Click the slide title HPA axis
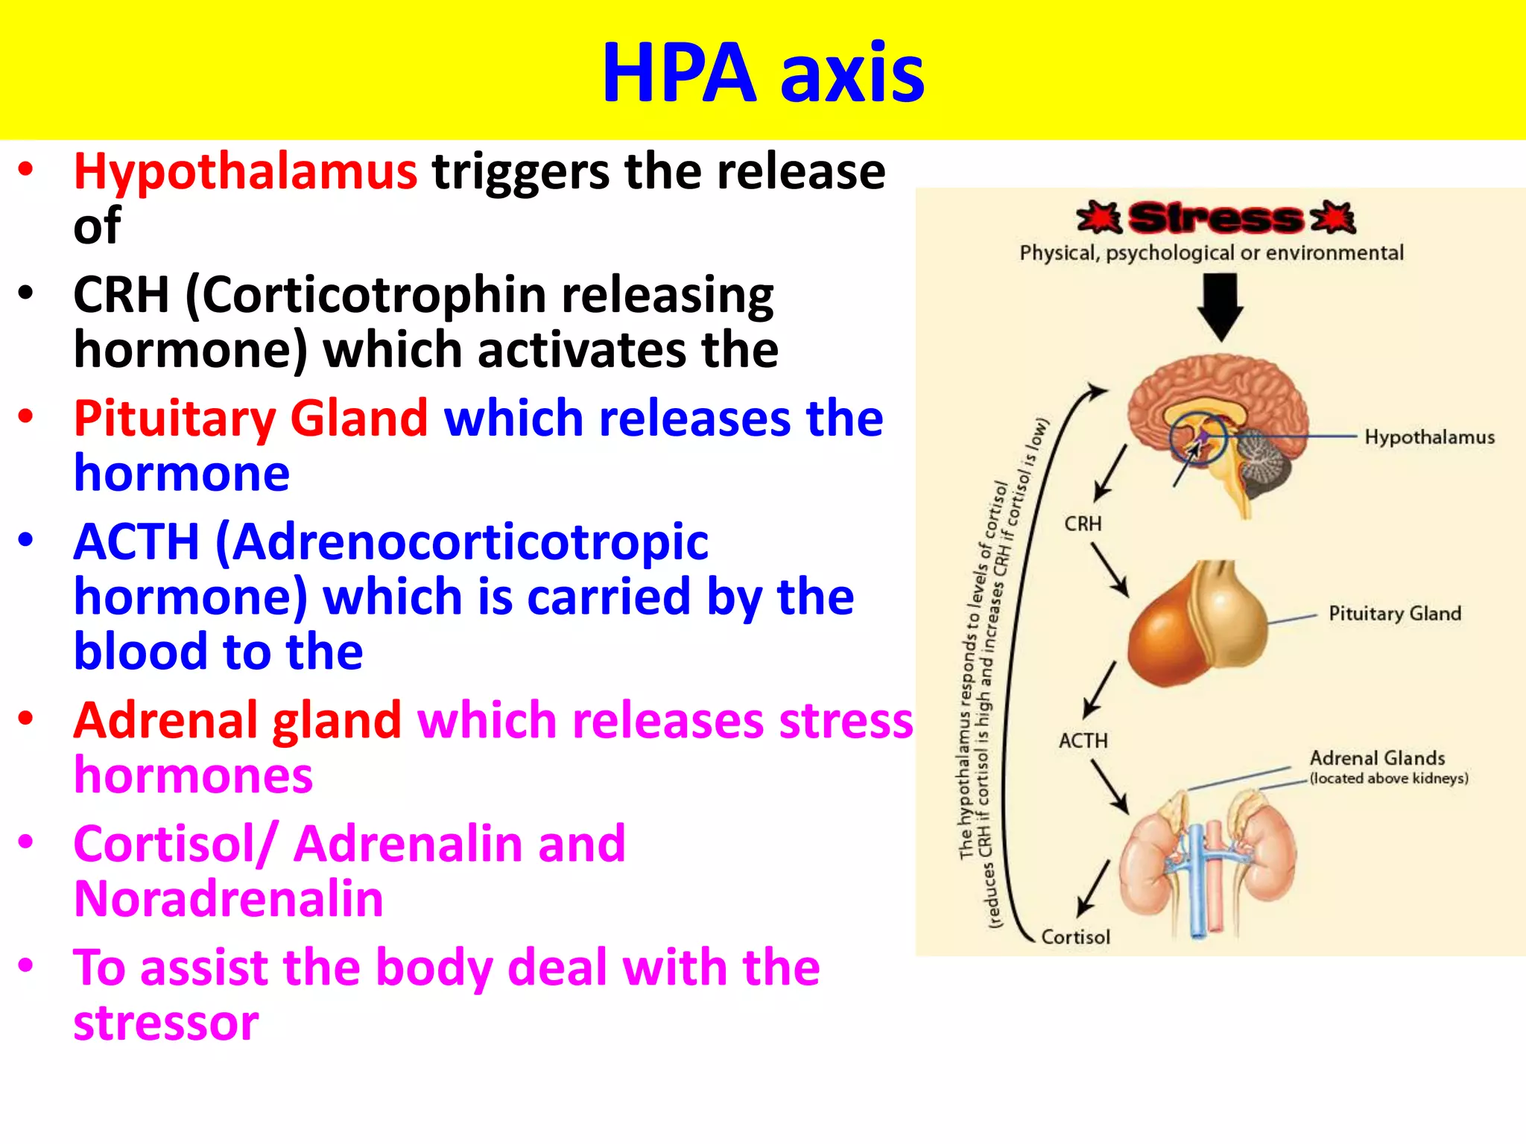762,72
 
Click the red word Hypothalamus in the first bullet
245,171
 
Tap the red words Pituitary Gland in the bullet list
250,419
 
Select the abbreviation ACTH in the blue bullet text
136,541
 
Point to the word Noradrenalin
229,899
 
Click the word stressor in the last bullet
166,1023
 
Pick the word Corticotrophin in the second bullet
366,295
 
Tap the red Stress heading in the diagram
1215,218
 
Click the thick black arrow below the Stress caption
1220,306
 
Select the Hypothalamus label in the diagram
1429,437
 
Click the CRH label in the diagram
1083,524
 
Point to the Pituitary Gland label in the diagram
1395,614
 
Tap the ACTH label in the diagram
1083,741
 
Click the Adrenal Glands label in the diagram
1377,758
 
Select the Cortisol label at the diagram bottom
1075,937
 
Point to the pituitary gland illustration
1198,626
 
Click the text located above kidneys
1389,779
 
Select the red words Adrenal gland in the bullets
237,721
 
